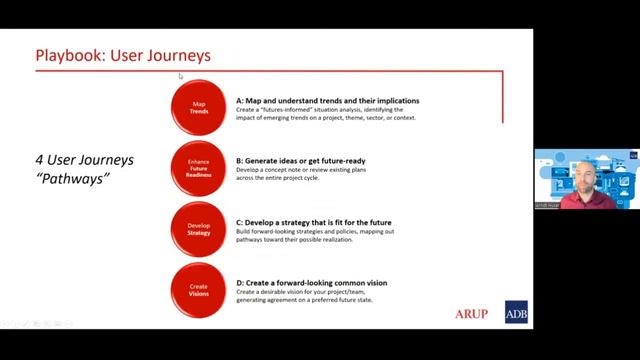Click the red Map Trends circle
[x=199, y=108]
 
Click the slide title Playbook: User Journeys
[x=123, y=55]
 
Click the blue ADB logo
[x=517, y=313]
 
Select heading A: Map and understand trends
[x=328, y=101]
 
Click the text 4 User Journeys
[x=85, y=160]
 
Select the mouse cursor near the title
[x=181, y=76]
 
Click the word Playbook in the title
[x=69, y=55]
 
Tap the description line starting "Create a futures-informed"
[x=326, y=110]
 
